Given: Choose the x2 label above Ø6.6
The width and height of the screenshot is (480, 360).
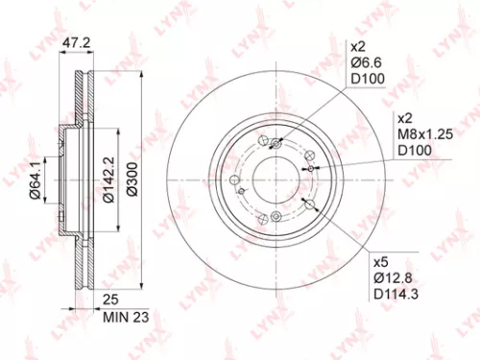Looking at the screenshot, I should (359, 47).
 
